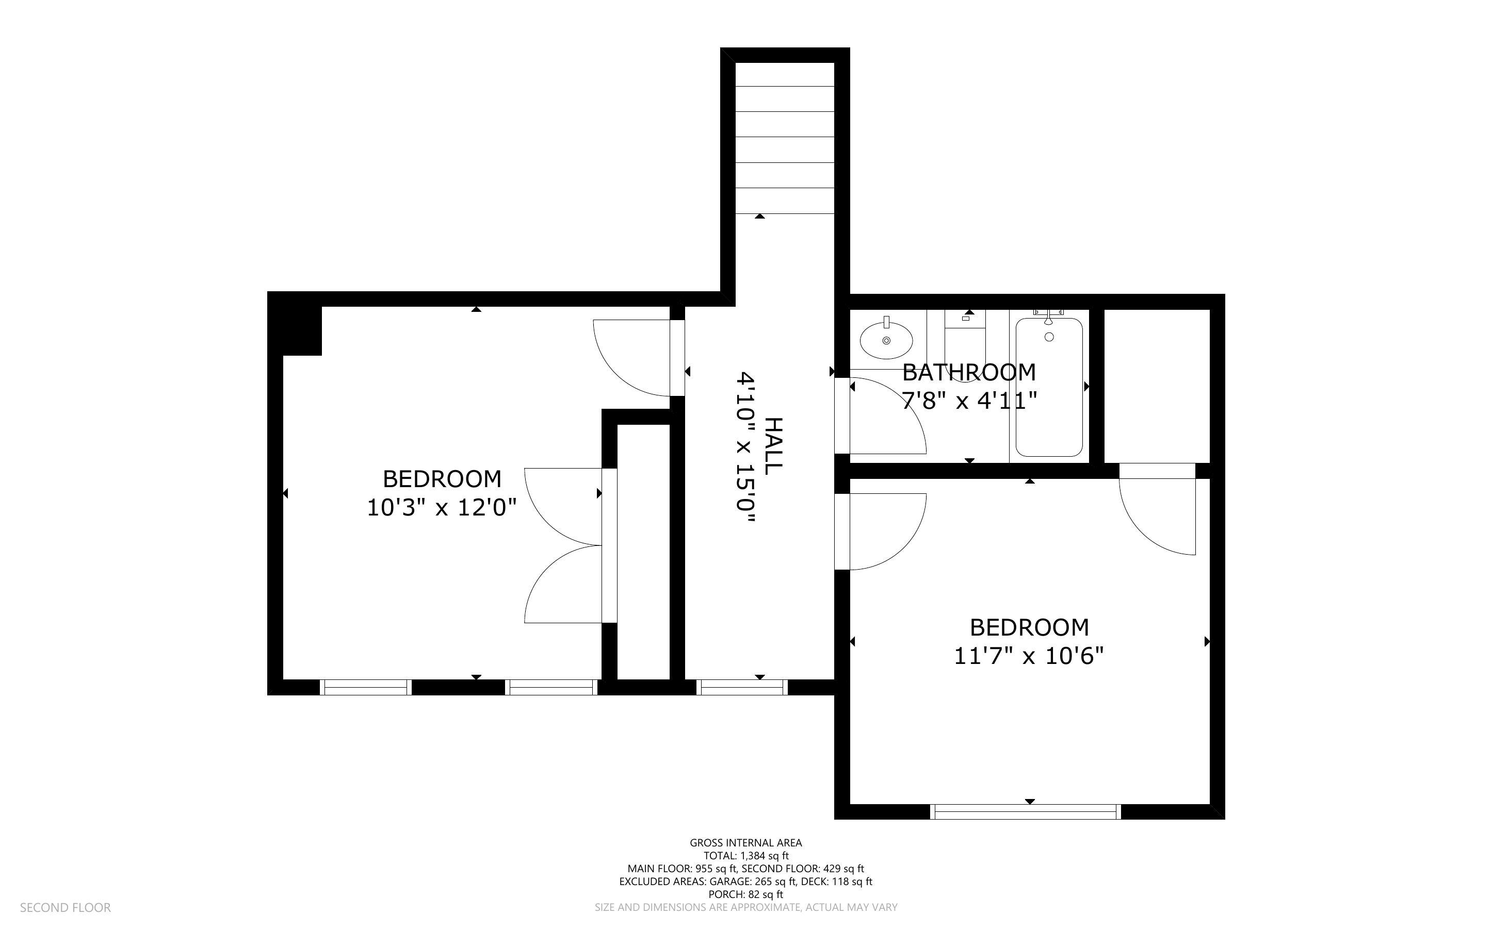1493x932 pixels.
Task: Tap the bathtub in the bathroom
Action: pos(1049,387)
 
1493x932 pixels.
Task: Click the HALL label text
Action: pos(773,446)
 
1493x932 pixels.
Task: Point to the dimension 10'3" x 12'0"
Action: pos(442,508)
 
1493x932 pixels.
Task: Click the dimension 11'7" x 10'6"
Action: pos(1029,656)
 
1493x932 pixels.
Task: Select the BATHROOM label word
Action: pos(969,372)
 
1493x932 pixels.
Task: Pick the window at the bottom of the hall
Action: pos(742,687)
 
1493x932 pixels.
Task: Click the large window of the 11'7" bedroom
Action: pos(1025,812)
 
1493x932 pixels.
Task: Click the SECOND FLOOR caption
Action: pos(66,908)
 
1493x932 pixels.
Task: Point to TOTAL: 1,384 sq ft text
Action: pos(746,856)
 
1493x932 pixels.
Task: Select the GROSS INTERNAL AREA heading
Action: pos(745,843)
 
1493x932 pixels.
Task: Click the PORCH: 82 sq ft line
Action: pos(745,894)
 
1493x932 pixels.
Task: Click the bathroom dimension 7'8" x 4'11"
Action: pos(969,401)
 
